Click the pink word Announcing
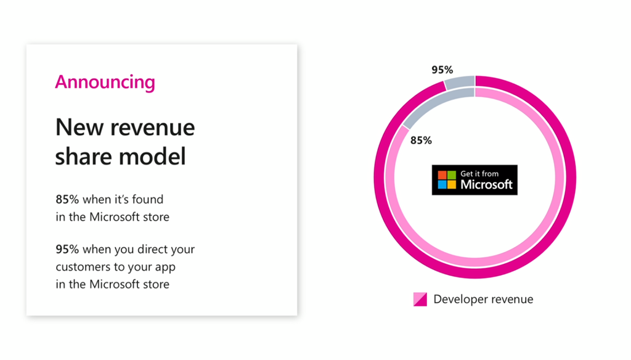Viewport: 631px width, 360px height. tap(105, 83)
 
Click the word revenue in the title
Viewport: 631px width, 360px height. tap(153, 128)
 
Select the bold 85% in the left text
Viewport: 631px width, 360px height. tap(67, 199)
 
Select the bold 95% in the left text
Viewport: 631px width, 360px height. tap(67, 249)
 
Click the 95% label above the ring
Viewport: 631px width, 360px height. tap(442, 70)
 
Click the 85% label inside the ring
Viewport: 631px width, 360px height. tap(421, 141)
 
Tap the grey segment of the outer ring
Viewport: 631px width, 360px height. tap(460, 82)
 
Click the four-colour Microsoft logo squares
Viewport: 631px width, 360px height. tap(447, 180)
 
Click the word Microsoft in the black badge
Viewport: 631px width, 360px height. tap(486, 184)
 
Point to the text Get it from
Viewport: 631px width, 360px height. tap(479, 174)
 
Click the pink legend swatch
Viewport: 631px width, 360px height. tap(420, 299)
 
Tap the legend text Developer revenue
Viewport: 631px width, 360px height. tap(483, 299)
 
